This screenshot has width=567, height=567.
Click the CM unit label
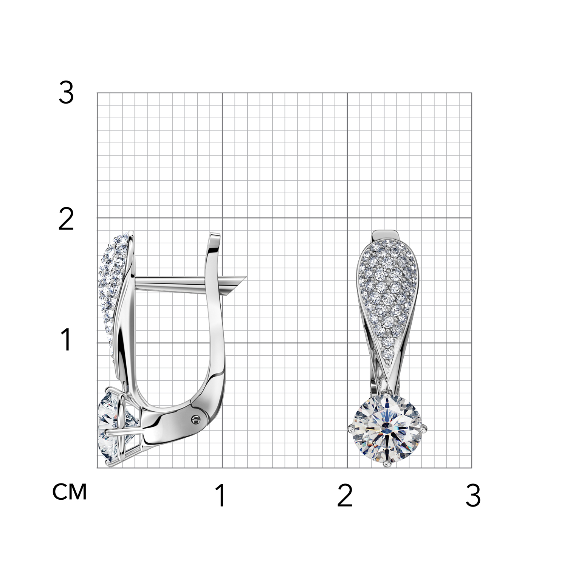pos(70,492)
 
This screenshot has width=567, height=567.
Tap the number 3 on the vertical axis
pos(66,93)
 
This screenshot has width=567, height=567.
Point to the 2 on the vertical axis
pos(66,219)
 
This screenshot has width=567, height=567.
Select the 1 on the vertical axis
pos(67,339)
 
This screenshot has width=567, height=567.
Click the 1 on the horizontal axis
pos(220,496)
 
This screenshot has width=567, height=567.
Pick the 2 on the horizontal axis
pos(345,496)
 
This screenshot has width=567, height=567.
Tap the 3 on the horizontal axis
pos(473,496)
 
